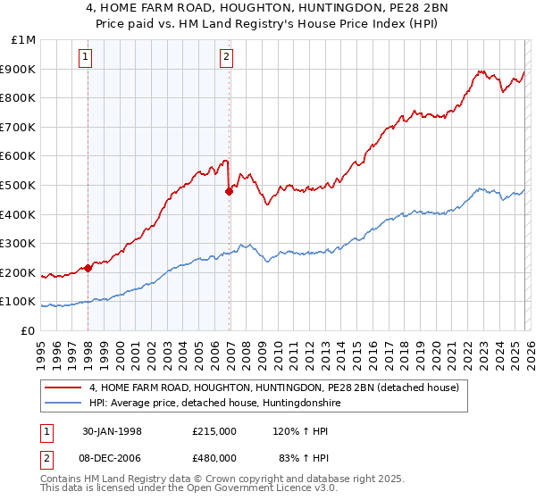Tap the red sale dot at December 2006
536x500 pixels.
pos(230,190)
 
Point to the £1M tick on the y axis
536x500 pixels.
pos(24,40)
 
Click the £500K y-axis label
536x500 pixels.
pos(20,185)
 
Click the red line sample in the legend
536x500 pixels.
pos(63,388)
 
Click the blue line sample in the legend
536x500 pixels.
pos(63,404)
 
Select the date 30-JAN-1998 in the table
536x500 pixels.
pos(117,430)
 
